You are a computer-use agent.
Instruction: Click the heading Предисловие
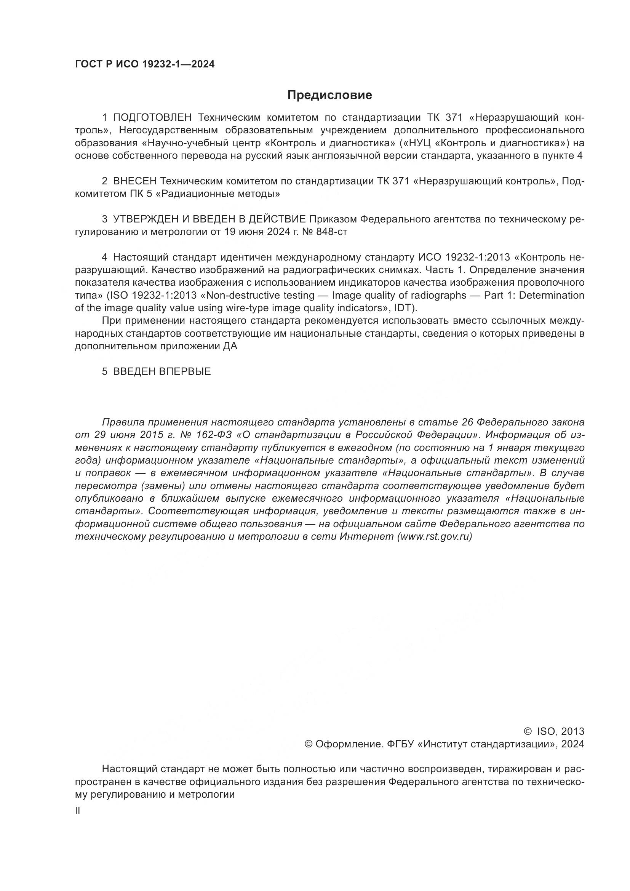pos(329,95)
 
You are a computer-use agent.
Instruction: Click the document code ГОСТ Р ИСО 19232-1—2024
pos(145,64)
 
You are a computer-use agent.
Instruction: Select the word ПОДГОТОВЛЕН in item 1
pos(152,118)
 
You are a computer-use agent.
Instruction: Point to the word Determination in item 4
pos(552,295)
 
